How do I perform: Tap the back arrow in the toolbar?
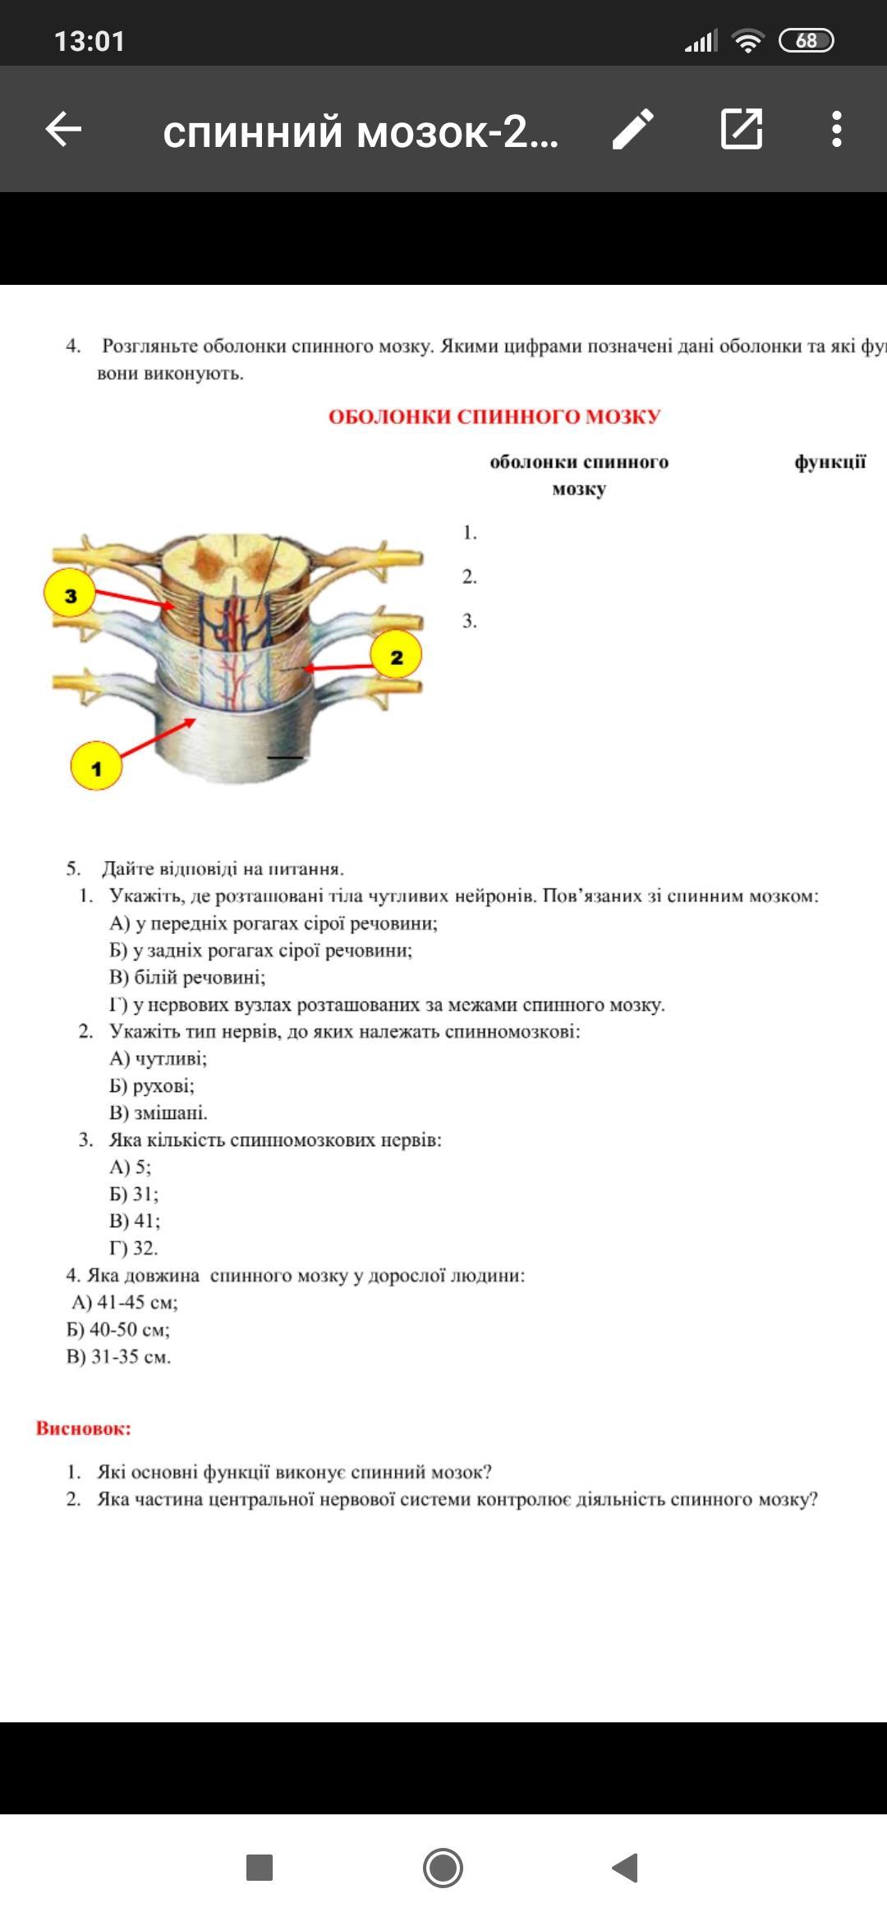click(x=63, y=129)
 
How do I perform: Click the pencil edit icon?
click(x=633, y=129)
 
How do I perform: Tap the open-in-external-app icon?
click(x=742, y=129)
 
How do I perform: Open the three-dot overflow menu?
click(x=836, y=129)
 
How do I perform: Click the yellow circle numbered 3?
click(x=70, y=594)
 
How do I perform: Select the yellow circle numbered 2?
click(x=397, y=656)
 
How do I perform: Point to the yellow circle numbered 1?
click(x=96, y=767)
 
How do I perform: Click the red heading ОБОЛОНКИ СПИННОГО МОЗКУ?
click(x=494, y=417)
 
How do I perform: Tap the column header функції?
click(x=830, y=462)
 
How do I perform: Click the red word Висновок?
click(x=83, y=1428)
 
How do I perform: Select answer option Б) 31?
click(x=134, y=1194)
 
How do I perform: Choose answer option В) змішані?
click(x=159, y=1112)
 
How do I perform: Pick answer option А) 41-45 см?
click(x=125, y=1302)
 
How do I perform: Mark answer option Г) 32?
click(x=133, y=1248)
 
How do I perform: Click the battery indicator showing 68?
click(x=806, y=40)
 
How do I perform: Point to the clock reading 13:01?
click(x=90, y=41)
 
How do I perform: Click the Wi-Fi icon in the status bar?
click(x=747, y=40)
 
